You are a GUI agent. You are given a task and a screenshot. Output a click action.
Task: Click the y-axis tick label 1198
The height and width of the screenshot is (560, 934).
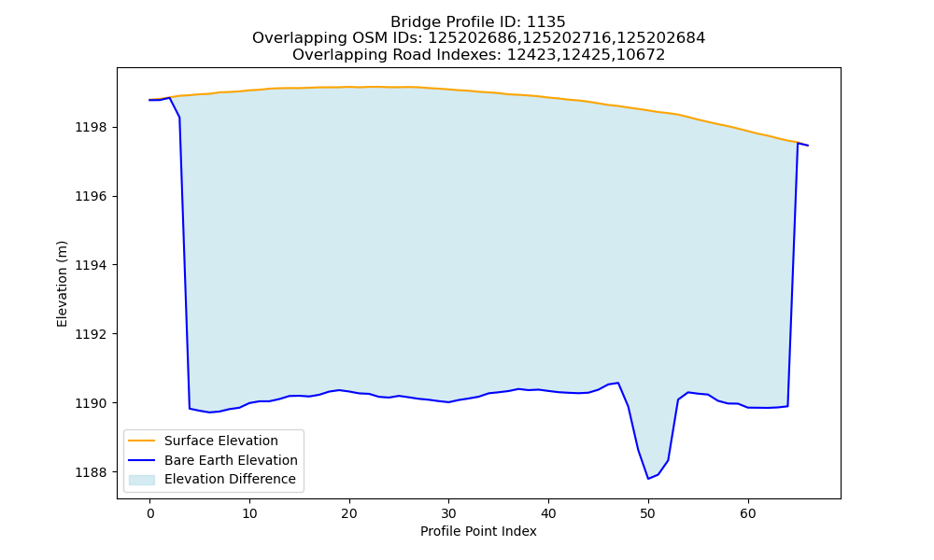coord(92,127)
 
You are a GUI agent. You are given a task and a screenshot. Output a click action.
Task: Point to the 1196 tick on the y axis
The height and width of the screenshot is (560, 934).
coord(92,196)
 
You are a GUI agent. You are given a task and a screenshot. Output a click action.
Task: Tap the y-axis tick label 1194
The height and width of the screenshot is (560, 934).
coord(92,265)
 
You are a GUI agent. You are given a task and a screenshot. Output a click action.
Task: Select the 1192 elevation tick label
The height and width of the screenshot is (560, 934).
coord(92,334)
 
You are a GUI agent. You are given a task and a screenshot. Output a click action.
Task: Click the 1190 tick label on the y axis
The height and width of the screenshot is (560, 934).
coord(92,403)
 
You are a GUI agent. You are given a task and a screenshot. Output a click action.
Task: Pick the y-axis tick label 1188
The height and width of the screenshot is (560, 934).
coord(92,472)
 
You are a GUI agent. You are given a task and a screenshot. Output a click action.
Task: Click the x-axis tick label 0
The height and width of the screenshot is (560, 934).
coord(150,513)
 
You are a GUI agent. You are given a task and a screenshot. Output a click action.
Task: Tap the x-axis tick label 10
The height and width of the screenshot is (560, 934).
coord(249,513)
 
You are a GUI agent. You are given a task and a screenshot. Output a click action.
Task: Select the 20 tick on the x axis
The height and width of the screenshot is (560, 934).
coord(349,513)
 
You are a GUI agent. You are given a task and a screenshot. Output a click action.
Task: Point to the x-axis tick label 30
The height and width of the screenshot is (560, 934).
coord(448,513)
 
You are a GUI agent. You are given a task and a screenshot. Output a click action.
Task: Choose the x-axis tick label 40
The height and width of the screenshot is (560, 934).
coord(548,513)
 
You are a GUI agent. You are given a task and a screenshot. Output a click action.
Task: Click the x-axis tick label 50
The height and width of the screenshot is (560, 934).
coord(648,513)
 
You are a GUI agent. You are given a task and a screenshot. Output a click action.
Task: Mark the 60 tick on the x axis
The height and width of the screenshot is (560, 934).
coord(747,513)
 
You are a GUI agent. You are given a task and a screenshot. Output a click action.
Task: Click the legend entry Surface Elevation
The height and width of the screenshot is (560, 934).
coord(221,441)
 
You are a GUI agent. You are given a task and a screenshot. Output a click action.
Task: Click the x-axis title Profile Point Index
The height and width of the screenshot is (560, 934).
coord(478,531)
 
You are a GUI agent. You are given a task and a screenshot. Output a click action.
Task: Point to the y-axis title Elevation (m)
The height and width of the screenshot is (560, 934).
coord(62,284)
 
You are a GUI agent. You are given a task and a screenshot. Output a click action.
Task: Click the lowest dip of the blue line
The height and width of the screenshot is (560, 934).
coord(648,479)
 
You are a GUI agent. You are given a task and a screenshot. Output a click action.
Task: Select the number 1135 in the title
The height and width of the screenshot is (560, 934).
coord(546,22)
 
